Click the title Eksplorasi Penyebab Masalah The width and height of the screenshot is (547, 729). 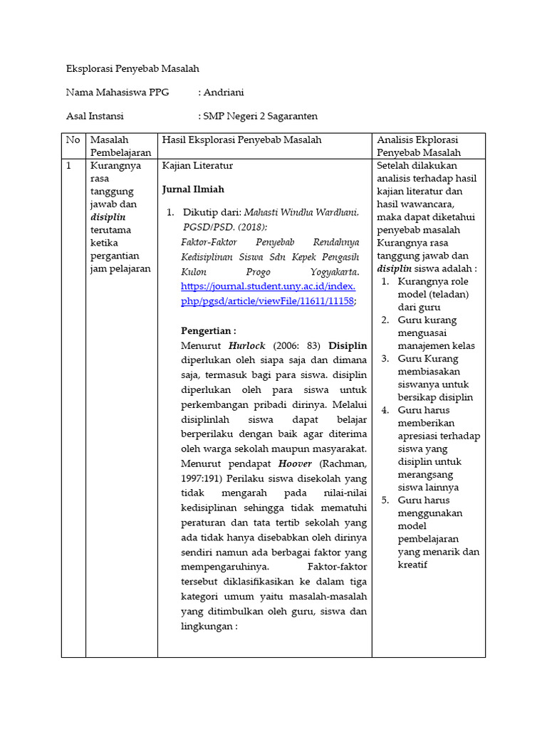coord(132,69)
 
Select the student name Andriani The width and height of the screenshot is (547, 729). coord(228,92)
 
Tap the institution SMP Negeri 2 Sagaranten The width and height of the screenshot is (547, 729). coord(260,115)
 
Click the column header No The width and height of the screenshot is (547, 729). coord(73,140)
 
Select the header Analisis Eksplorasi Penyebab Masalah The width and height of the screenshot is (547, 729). coord(418,146)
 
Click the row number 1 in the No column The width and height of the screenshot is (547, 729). coord(69,166)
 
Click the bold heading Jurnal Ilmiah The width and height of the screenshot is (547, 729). coord(193,189)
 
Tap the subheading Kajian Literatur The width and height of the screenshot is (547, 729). coord(197,166)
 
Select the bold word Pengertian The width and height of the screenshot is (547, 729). coord(207,331)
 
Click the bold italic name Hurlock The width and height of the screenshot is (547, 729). coord(246,346)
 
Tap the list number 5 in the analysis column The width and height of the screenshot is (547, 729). coord(384,500)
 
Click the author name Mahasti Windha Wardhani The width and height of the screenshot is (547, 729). coord(302,213)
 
